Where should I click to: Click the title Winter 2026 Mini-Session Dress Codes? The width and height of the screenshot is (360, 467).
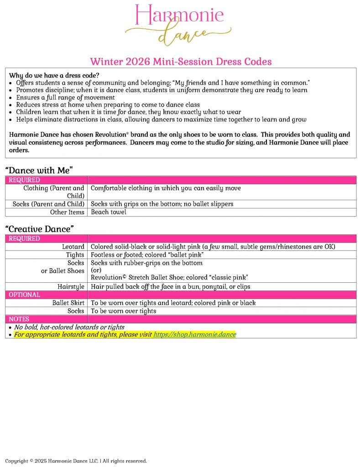pyautogui.click(x=181, y=62)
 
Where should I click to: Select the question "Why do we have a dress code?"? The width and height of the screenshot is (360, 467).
pyautogui.click(x=54, y=75)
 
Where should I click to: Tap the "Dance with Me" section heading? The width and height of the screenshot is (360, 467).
pyautogui.click(x=39, y=170)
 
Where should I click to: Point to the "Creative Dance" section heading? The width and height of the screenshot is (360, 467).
pyautogui.click(x=40, y=229)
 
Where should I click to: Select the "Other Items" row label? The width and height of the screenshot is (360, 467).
pyautogui.click(x=67, y=212)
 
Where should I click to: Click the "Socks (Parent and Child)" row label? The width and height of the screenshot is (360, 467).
pyautogui.click(x=48, y=204)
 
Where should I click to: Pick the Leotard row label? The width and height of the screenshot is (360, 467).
pyautogui.click(x=73, y=247)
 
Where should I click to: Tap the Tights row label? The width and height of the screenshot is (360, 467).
pyautogui.click(x=75, y=255)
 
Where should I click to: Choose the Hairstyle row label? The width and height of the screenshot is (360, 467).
pyautogui.click(x=71, y=286)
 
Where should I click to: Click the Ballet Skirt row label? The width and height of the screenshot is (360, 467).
pyautogui.click(x=68, y=303)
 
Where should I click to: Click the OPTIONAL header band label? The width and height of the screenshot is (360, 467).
pyautogui.click(x=25, y=295)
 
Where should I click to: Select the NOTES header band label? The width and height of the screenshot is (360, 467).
pyautogui.click(x=19, y=319)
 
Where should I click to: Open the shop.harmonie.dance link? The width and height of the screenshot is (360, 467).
pyautogui.click(x=194, y=334)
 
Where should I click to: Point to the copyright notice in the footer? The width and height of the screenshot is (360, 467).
pyautogui.click(x=76, y=461)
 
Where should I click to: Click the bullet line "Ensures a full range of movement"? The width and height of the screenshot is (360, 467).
pyautogui.click(x=65, y=97)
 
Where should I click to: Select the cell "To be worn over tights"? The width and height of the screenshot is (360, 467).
pyautogui.click(x=123, y=311)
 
